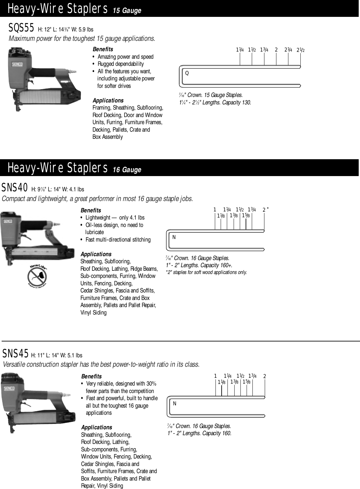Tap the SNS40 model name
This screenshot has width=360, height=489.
click(15, 188)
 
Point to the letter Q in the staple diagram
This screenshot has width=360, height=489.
click(187, 73)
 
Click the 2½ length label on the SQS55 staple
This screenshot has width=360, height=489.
click(301, 50)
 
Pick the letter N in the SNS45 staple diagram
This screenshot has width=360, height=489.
click(175, 404)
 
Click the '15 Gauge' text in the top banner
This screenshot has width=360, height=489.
click(127, 10)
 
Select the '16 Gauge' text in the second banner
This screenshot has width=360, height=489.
click(127, 170)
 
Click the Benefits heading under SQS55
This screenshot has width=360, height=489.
click(103, 49)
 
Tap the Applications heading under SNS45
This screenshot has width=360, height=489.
click(97, 427)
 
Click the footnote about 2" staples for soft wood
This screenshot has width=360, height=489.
click(206, 272)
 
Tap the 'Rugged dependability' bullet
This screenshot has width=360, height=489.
click(121, 64)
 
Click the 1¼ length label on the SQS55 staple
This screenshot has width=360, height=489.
click(240, 50)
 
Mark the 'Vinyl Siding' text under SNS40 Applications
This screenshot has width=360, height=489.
click(93, 313)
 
